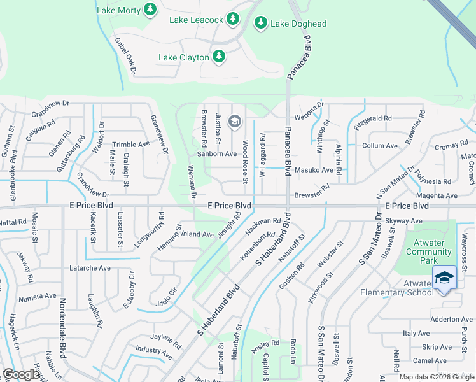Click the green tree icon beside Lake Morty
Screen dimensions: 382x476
coord(150,10)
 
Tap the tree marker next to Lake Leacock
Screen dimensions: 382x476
coord(233,20)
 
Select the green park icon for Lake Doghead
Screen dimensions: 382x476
coord(260,24)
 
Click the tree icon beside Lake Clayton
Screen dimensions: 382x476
coord(219,57)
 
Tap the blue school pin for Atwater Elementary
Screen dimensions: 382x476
coord(444,278)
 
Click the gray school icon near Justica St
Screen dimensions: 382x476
coord(234,121)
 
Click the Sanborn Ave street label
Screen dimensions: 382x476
coord(216,154)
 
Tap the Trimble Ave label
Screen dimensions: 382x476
coord(130,145)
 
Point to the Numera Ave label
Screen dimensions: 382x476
coord(37,296)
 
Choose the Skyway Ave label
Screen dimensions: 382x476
coord(405,221)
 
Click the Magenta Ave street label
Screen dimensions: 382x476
coord(437,196)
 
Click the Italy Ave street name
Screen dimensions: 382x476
coord(416,333)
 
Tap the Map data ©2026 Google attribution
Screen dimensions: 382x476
coord(437,377)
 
